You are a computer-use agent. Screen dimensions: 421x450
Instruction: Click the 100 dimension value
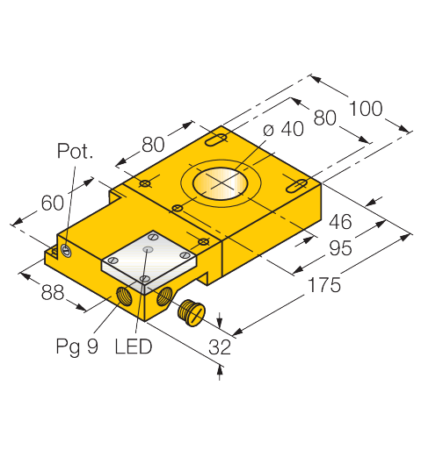click(366, 109)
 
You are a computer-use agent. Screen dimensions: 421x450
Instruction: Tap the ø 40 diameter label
click(283, 129)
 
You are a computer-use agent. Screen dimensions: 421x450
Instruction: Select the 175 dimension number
click(324, 285)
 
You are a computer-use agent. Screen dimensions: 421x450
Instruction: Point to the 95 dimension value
click(340, 248)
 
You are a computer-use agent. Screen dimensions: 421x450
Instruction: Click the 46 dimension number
click(340, 222)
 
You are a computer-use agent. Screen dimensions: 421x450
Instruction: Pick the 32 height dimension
click(220, 347)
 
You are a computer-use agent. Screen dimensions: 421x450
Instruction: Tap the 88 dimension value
click(53, 292)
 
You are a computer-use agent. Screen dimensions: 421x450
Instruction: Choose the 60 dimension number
click(52, 203)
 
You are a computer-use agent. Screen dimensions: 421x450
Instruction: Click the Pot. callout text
click(76, 151)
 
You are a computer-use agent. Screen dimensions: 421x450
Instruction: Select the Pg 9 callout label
click(77, 347)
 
